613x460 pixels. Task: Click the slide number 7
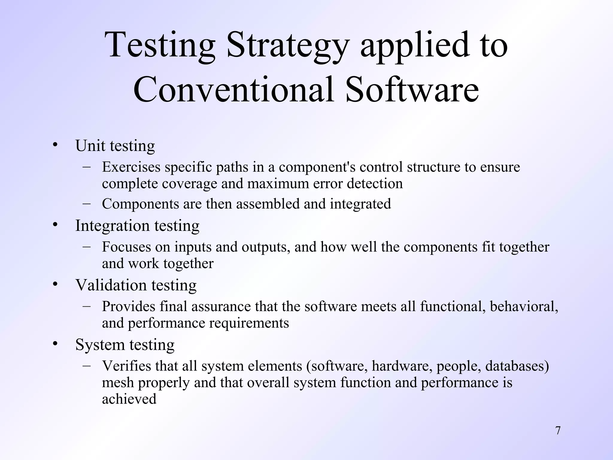[x=558, y=431]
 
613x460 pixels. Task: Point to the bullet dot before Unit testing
[x=54, y=146]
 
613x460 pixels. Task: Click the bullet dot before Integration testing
[x=54, y=225]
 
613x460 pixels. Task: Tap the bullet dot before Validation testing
[x=54, y=285]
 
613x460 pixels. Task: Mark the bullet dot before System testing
[x=54, y=344]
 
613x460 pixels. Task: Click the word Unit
[x=90, y=146]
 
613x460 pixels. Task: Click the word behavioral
[x=524, y=306]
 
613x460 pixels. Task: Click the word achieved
[x=129, y=399]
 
